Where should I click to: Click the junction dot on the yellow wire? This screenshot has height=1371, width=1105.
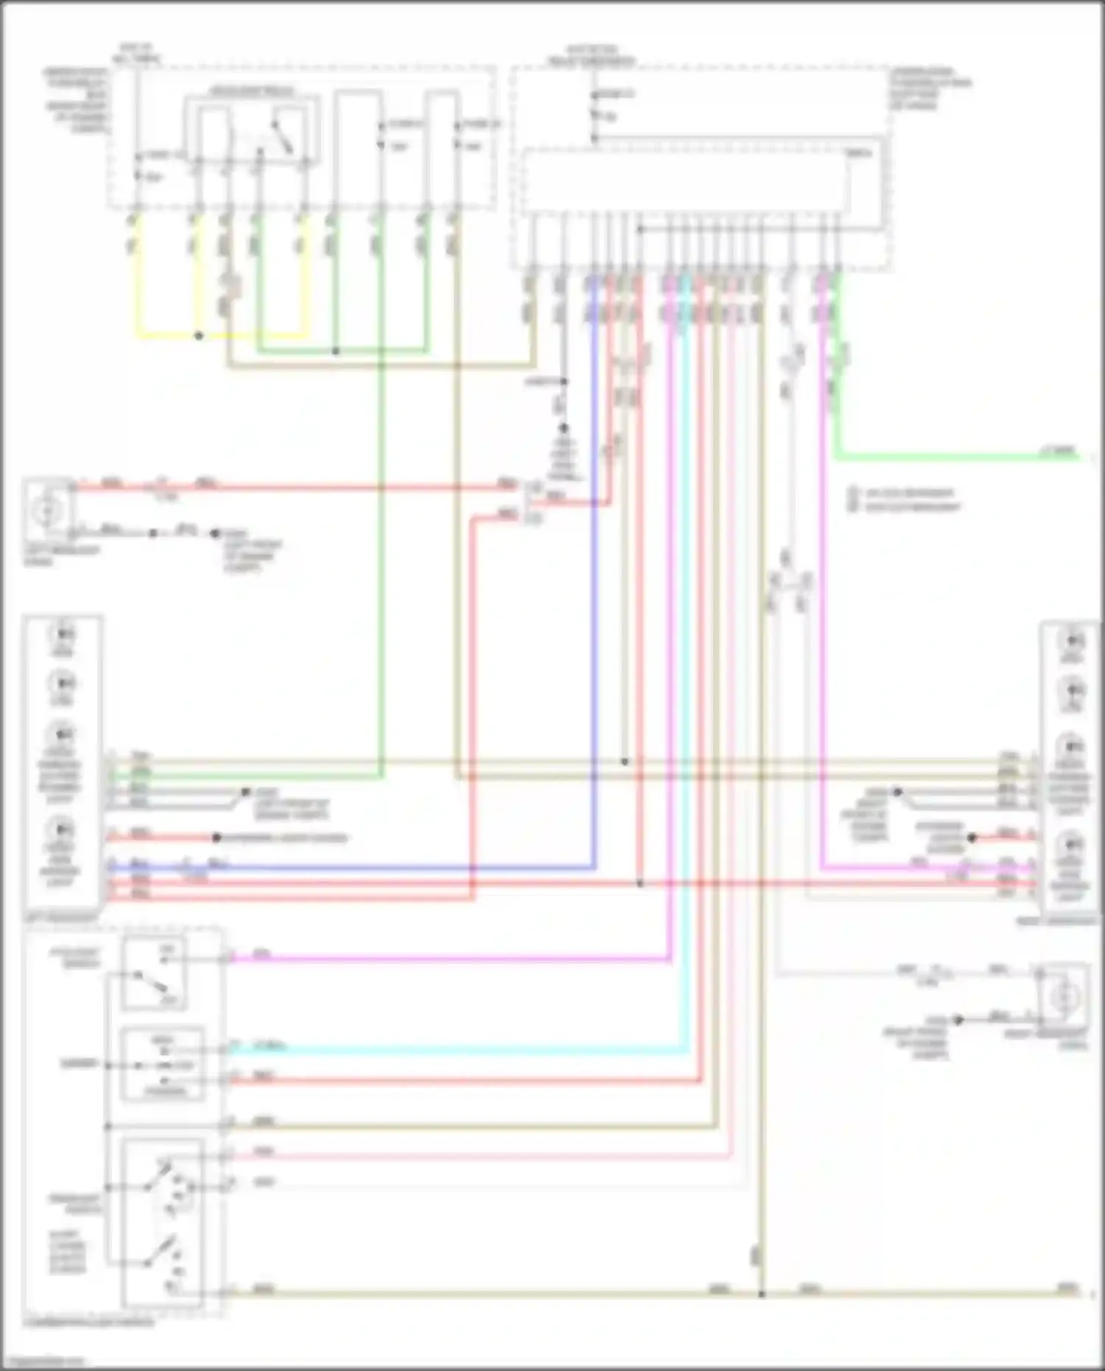point(199,336)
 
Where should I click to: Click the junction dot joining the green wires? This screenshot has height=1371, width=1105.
point(336,351)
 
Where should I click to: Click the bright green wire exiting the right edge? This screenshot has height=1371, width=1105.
point(958,457)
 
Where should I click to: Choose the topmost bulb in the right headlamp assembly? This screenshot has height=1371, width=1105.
point(1070,640)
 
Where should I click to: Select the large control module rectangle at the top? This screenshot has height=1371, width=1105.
point(685,180)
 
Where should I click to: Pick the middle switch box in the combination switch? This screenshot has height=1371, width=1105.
point(163,1064)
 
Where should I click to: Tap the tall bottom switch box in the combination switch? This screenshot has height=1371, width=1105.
point(162,1223)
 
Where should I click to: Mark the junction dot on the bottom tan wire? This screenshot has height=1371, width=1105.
point(762,1294)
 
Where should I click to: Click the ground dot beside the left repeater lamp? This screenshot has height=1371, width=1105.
point(153,533)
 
